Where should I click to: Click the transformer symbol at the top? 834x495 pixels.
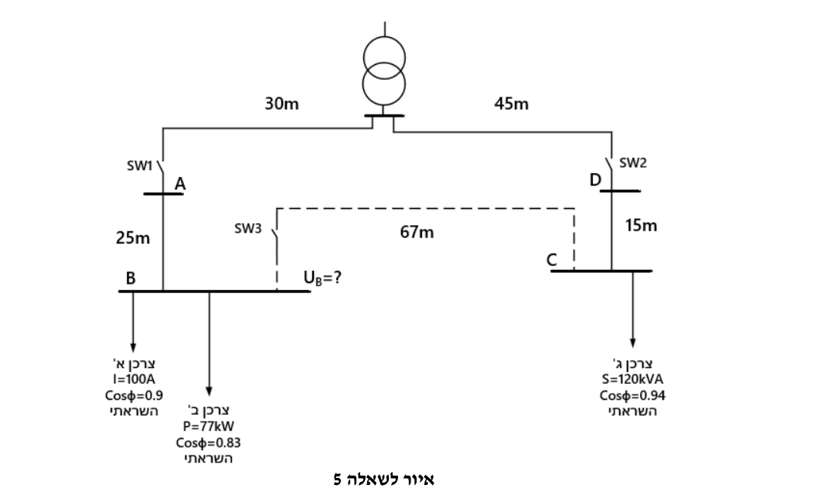pos(384,71)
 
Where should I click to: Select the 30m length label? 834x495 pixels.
pos(282,104)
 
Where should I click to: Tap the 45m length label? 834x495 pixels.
pos(511,104)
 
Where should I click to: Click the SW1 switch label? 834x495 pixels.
pos(139,166)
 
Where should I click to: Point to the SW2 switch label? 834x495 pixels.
pos(633,163)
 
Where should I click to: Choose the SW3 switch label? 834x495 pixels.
pos(248,228)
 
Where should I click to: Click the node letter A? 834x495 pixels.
pos(180,183)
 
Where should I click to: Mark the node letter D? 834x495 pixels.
pos(595,180)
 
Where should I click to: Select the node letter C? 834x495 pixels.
pos(552,260)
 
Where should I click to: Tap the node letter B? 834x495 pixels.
pos(131,278)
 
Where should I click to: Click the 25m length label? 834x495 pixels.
pos(133,238)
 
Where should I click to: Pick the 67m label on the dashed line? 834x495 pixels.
pos(417,232)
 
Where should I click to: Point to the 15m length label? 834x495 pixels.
pos(641,226)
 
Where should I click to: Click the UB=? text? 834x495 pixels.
pos(322,278)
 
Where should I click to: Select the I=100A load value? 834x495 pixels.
pos(134,379)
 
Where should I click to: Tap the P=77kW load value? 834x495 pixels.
pos(209,426)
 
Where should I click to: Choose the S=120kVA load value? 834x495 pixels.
pos(632,380)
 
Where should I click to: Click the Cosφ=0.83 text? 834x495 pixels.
pos(208,442)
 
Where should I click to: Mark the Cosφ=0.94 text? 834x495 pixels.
pos(632,395)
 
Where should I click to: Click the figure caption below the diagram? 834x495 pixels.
pos(384,480)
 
